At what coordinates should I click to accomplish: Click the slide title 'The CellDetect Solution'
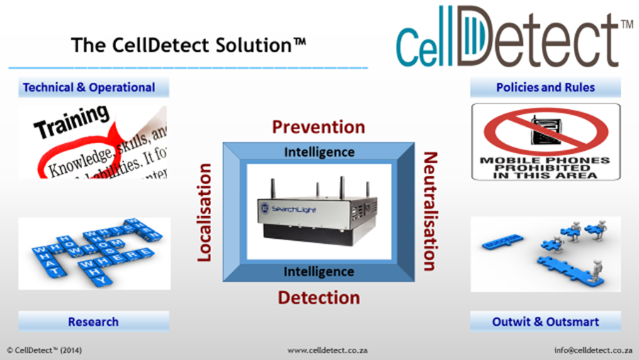[x=188, y=45]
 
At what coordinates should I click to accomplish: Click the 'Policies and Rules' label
[x=545, y=88]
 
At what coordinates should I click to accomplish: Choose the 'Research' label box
[x=94, y=322]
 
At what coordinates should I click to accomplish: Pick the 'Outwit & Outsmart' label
[x=545, y=322]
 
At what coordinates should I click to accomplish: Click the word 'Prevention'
[x=319, y=127]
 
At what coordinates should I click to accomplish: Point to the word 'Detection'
[x=319, y=297]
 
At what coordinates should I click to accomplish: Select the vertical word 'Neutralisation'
[x=429, y=211]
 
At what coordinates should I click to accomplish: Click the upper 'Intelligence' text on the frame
[x=319, y=152]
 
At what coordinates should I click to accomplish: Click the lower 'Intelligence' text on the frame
[x=319, y=271]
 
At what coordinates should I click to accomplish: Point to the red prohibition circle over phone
[x=545, y=131]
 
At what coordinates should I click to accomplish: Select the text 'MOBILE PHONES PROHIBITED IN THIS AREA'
[x=545, y=168]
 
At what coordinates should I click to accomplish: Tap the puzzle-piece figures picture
[x=545, y=253]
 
